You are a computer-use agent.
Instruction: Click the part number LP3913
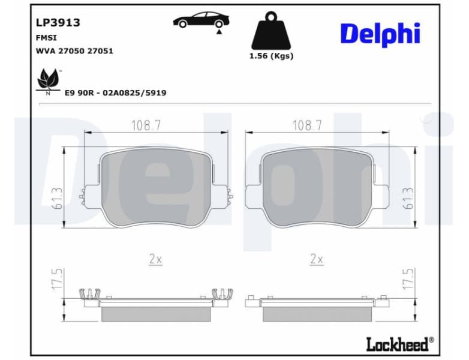[58, 23]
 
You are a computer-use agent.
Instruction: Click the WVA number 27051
[100, 51]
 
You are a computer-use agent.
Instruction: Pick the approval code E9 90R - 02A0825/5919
[115, 93]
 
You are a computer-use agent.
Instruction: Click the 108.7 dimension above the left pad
[146, 125]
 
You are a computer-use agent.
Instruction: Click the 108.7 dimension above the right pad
[307, 125]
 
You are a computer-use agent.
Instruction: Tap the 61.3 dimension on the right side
[408, 199]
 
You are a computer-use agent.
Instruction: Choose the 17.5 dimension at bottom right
[408, 280]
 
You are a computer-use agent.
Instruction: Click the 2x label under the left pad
[155, 259]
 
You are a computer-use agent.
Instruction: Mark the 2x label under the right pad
[316, 259]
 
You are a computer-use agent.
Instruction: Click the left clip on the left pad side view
[89, 294]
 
